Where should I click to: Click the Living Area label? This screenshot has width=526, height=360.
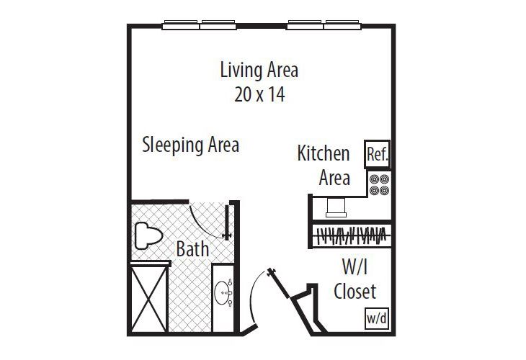[259, 71]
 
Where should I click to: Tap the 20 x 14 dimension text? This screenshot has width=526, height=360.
[259, 94]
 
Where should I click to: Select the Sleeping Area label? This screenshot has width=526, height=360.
[190, 145]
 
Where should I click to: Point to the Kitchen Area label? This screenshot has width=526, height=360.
[324, 165]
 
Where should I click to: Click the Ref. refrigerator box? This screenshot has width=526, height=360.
[378, 154]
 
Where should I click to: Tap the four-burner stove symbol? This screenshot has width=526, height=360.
[379, 184]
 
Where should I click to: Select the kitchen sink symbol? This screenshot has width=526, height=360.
[336, 207]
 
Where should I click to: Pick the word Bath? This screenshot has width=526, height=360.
[193, 249]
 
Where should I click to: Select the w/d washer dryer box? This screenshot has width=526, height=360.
[375, 318]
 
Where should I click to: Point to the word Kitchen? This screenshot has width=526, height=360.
[324, 153]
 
